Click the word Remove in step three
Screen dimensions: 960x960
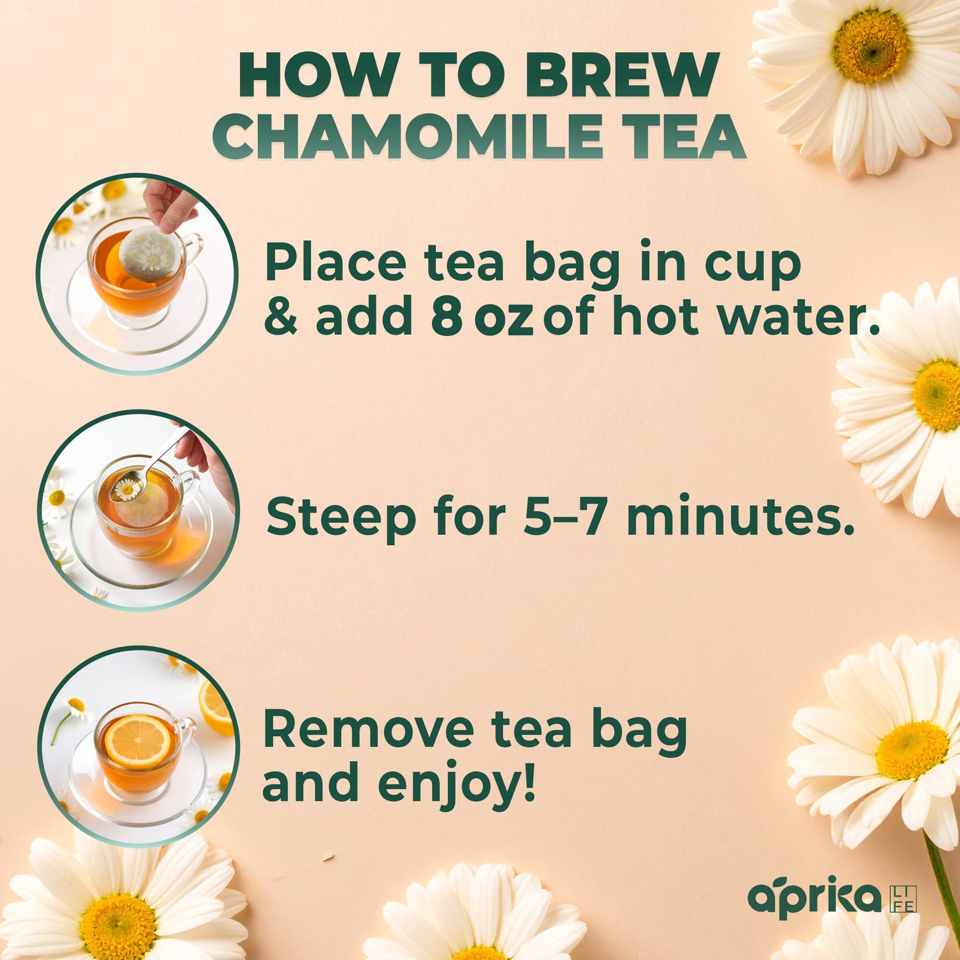pos(369,730)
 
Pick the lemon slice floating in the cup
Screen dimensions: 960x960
pos(137,741)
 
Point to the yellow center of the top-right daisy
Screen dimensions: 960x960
pos(870,46)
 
